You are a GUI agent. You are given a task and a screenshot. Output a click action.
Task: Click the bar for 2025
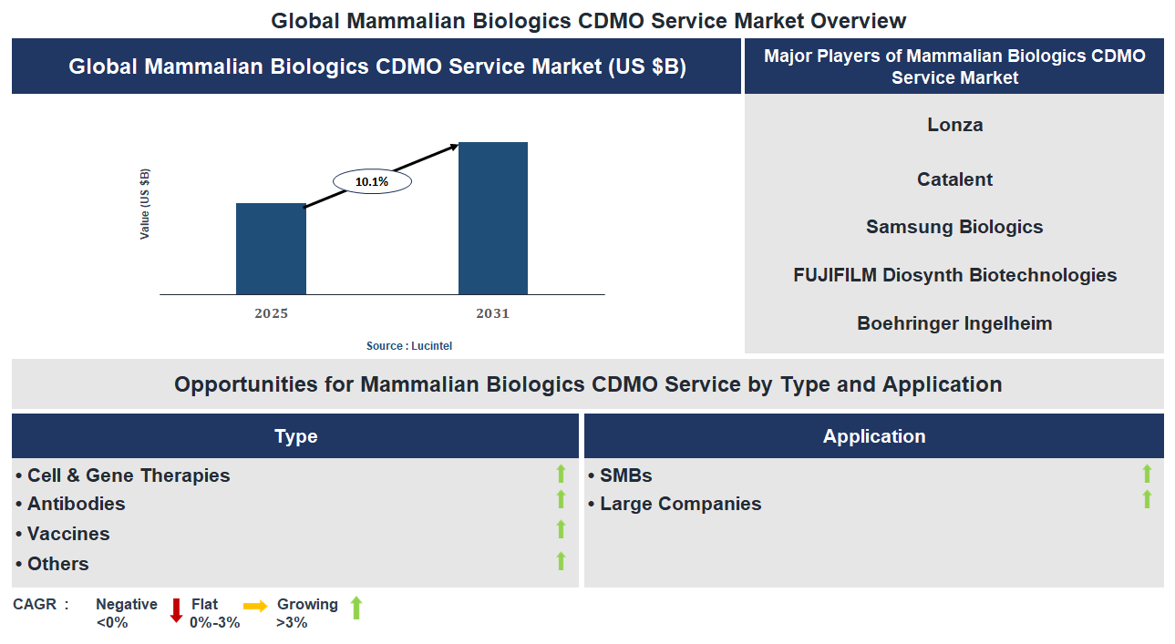point(271,249)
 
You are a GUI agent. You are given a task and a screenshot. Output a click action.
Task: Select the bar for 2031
point(492,219)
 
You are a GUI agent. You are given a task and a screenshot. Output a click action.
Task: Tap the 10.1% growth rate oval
point(372,182)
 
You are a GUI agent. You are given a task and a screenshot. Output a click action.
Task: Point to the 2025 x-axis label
point(271,314)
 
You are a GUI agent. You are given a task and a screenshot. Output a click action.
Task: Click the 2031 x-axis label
point(492,314)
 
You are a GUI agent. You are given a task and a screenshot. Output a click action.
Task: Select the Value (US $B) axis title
point(145,204)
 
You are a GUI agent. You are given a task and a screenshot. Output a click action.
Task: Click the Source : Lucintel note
point(409,346)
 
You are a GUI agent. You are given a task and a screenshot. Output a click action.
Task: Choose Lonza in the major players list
point(954,125)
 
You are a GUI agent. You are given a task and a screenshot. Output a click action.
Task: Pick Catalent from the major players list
point(954,179)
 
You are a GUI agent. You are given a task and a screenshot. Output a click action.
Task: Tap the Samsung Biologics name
point(954,227)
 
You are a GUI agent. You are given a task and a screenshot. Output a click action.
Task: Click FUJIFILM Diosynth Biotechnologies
point(954,275)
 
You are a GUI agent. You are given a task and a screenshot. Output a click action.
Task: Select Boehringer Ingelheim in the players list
point(954,323)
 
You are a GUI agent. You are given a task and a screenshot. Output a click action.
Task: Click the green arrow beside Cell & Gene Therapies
point(562,473)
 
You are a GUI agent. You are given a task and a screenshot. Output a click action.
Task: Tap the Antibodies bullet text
point(76,504)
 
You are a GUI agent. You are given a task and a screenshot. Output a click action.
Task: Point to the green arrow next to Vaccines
point(562,529)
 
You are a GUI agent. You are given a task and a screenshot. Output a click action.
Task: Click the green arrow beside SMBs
point(1147,473)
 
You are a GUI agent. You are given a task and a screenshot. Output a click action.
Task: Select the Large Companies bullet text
point(680,504)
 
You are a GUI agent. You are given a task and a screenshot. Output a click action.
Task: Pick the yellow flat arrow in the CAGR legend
point(255,606)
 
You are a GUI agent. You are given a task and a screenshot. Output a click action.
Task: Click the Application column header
point(873,436)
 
